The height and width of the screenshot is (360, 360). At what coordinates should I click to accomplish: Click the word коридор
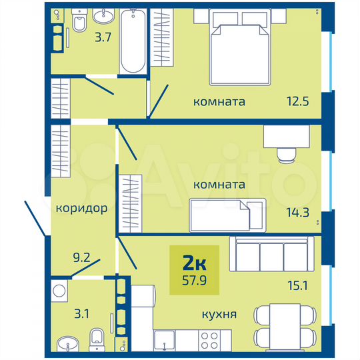click(x=82, y=208)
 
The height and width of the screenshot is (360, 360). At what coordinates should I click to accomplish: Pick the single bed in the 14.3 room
click(x=227, y=215)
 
